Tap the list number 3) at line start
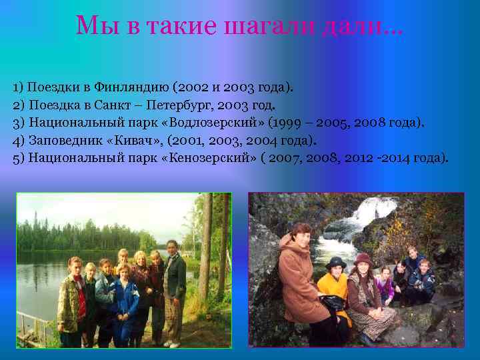[18, 123]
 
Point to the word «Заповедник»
[65, 141]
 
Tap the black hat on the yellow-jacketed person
[335, 262]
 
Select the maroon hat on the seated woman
[363, 259]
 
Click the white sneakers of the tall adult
[173, 343]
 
